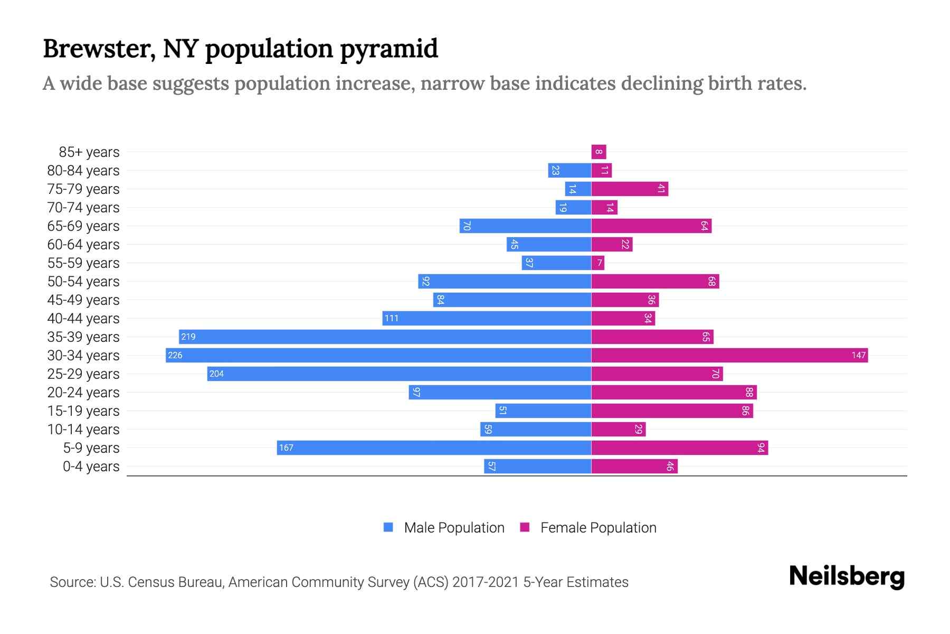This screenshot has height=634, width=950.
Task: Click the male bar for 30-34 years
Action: click(378, 355)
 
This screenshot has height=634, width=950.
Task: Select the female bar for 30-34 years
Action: click(729, 355)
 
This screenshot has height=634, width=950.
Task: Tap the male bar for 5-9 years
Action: click(434, 447)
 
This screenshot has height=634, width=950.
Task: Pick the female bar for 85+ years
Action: click(598, 152)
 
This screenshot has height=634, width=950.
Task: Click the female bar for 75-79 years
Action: click(630, 189)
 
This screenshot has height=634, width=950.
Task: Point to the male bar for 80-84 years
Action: click(569, 171)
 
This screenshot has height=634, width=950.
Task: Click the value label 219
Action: click(188, 337)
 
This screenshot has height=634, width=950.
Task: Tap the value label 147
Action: click(858, 355)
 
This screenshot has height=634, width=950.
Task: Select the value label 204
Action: click(216, 374)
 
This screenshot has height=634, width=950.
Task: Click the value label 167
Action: click(286, 448)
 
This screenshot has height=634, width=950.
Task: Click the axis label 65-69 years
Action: click(83, 226)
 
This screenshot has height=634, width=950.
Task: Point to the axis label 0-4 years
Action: click(91, 467)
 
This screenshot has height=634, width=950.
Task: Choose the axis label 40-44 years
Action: click(83, 319)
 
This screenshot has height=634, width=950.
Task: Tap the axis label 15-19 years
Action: click(83, 411)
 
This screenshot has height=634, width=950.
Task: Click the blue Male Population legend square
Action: click(388, 527)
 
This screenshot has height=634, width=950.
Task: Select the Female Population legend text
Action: click(598, 528)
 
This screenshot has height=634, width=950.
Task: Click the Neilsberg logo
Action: click(847, 576)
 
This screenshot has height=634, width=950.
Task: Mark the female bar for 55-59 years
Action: click(597, 263)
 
